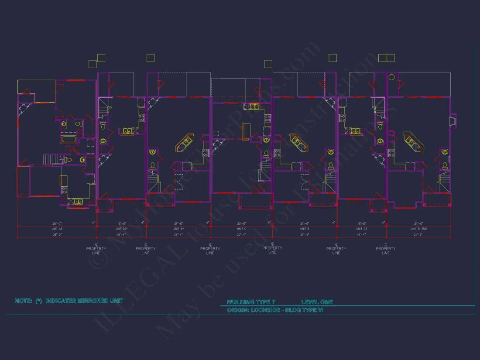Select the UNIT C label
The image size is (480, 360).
(242, 229)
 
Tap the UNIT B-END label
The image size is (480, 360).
(418, 229)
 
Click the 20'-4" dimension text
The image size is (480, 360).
(242, 234)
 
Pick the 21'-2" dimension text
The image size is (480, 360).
(418, 234)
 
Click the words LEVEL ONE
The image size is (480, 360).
(317, 302)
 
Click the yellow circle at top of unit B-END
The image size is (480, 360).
(391, 77)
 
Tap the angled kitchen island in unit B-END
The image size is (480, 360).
(413, 142)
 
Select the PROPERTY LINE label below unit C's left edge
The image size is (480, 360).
(210, 250)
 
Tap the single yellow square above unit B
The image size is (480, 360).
(333, 58)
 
